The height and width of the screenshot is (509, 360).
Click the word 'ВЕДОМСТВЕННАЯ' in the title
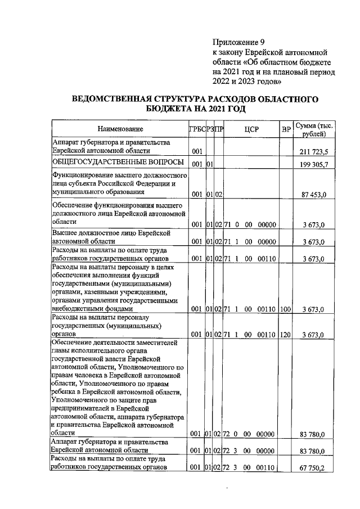click(113, 99)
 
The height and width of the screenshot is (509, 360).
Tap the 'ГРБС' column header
click(196, 129)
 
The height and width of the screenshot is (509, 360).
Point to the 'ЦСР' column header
click(251, 129)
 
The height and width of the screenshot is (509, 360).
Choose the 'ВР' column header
click(286, 129)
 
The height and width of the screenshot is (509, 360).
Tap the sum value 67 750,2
click(318, 468)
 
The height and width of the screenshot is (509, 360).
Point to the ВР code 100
click(286, 309)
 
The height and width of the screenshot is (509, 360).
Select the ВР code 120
click(286, 335)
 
